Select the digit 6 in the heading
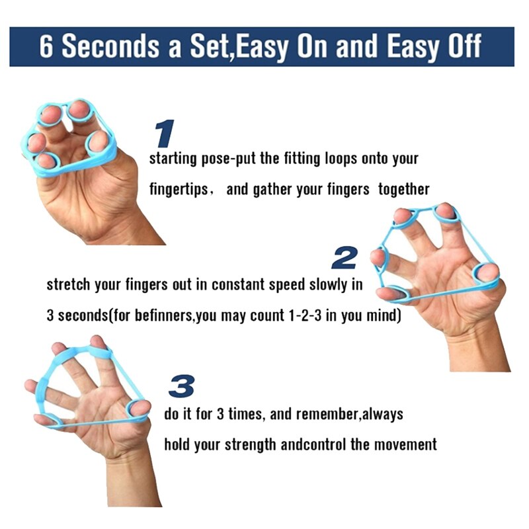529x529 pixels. coord(46,47)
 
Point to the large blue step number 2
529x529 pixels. coord(344,258)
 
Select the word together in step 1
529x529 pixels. coord(404,190)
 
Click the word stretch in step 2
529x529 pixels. coord(65,286)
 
